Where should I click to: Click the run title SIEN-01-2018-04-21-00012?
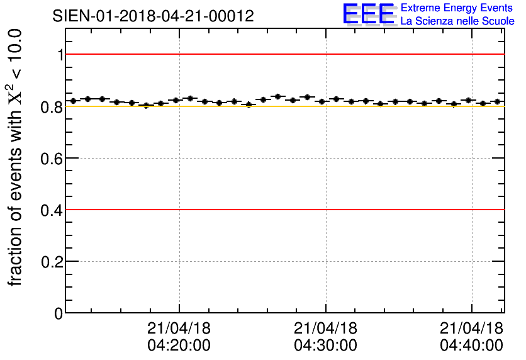(x=154, y=16)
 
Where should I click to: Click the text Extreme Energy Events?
(x=457, y=8)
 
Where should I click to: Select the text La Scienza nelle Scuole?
(x=457, y=21)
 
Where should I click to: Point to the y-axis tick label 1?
(x=61, y=55)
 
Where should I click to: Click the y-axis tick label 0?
(x=60, y=313)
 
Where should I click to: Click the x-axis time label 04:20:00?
(x=179, y=346)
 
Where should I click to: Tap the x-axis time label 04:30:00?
(x=325, y=346)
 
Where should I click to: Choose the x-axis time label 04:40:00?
(x=471, y=346)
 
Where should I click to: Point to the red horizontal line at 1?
(x=283, y=55)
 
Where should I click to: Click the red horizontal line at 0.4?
(x=283, y=210)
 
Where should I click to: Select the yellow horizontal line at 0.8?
(x=283, y=106)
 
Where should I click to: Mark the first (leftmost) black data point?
(x=73, y=101)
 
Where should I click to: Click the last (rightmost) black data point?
(x=497, y=101)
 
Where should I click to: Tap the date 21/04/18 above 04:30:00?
(x=325, y=329)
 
